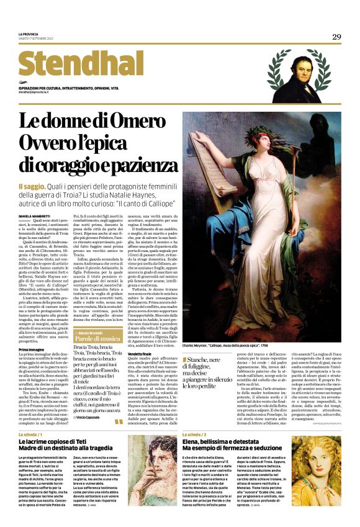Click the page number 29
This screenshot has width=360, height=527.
(336, 37)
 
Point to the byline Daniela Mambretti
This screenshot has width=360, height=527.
(36, 215)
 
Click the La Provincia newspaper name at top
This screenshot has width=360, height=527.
(30, 34)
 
